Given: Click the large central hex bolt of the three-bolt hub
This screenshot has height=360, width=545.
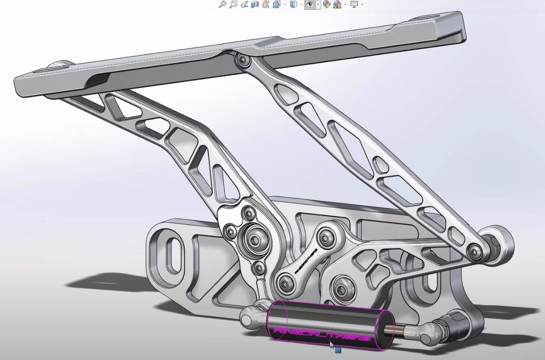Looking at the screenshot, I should click(254, 239).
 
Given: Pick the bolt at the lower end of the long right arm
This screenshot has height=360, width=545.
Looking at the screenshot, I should click(474, 251).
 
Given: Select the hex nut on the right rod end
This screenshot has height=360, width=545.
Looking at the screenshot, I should click(457, 320).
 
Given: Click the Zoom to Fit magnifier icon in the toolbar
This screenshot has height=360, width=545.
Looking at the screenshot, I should click(223, 5).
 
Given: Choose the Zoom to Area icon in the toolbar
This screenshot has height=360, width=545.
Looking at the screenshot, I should click(233, 5).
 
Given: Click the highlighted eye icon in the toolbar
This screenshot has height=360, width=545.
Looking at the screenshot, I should click(309, 5).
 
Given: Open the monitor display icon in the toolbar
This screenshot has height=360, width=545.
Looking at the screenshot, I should click(354, 5).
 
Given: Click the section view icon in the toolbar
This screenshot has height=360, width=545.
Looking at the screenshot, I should click(254, 5).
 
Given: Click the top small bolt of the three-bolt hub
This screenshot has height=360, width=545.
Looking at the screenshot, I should click(249, 214).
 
